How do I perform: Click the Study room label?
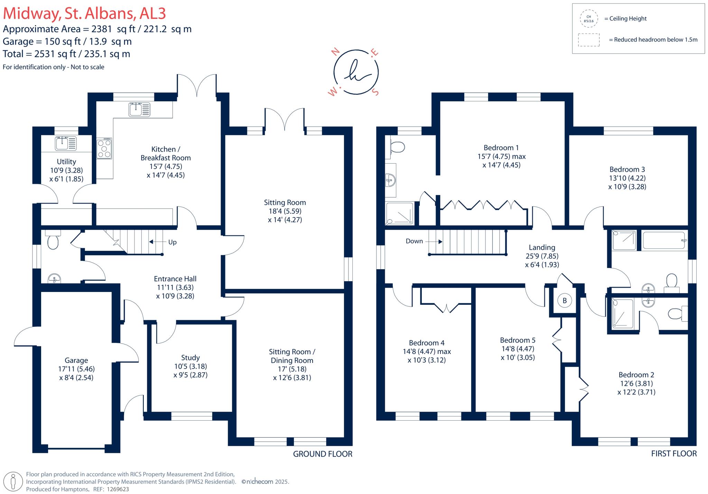pos(190,357)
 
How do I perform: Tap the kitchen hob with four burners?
pos(104,148)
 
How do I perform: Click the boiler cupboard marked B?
pos(565,301)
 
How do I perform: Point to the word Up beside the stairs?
pos(172,242)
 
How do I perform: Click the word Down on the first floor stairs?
pos(414,241)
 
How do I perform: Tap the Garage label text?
pos(76,360)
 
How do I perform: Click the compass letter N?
pos(335,52)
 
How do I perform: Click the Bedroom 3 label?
pos(627,169)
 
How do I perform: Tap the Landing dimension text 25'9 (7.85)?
pos(542,256)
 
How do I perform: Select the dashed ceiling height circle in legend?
pos(588,19)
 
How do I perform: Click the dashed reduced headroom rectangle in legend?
pos(588,40)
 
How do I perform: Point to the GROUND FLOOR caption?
pos(322,454)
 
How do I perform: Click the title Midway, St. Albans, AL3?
pos(84,13)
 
